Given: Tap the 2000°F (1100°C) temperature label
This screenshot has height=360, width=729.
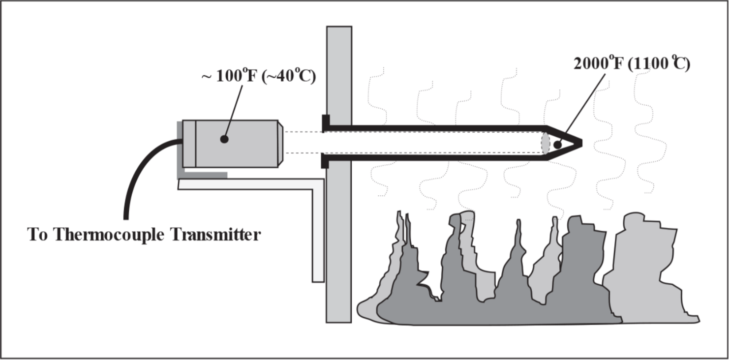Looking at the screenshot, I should [632, 64].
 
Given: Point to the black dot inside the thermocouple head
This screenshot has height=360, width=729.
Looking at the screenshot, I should [224, 139].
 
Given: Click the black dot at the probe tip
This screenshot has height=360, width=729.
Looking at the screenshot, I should [557, 145].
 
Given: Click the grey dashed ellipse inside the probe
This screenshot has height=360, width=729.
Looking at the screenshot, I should [545, 143].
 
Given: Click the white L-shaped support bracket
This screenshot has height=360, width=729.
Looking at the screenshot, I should [317, 231].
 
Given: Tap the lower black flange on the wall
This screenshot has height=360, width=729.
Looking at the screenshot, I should [325, 161].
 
